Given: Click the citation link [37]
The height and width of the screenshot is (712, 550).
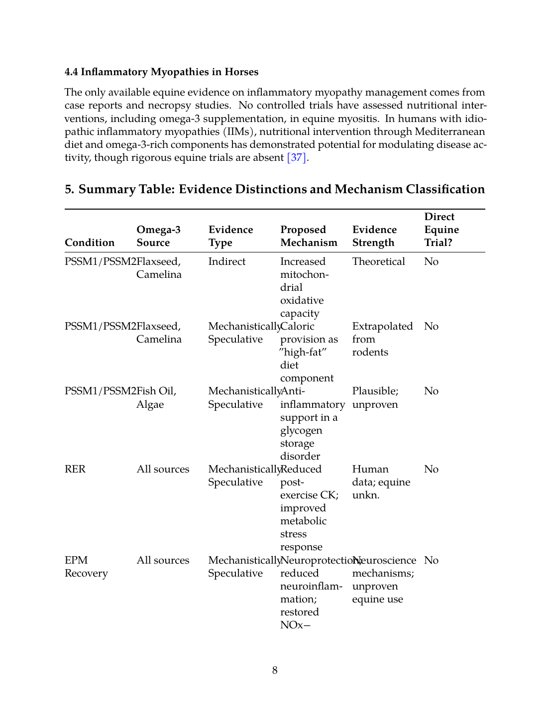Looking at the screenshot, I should (296, 158).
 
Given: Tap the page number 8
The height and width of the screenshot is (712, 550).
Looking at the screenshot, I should (275, 670).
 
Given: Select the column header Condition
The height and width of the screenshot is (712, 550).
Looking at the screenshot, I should (90, 242).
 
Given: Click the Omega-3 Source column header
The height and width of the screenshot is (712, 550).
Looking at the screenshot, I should (158, 236).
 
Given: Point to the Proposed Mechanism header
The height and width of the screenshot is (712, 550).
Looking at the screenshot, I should (309, 236).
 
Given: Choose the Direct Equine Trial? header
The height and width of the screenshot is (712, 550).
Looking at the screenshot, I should (441, 230).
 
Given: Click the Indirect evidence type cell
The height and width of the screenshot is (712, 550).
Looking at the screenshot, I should (227, 261).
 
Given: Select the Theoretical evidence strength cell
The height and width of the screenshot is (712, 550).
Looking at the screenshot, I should (378, 261).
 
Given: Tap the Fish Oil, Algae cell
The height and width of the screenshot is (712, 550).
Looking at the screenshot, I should (156, 397).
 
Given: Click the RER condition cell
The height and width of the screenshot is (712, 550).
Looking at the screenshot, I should (75, 469).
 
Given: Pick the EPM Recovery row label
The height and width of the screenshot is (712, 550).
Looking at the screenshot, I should (86, 567).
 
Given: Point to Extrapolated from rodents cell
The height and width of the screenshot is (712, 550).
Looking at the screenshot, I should (382, 339).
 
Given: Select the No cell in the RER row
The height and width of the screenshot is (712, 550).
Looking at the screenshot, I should (431, 469).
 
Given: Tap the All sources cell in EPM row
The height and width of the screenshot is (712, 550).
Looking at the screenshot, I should (163, 560).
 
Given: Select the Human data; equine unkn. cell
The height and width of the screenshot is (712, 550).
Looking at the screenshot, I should (381, 482).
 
